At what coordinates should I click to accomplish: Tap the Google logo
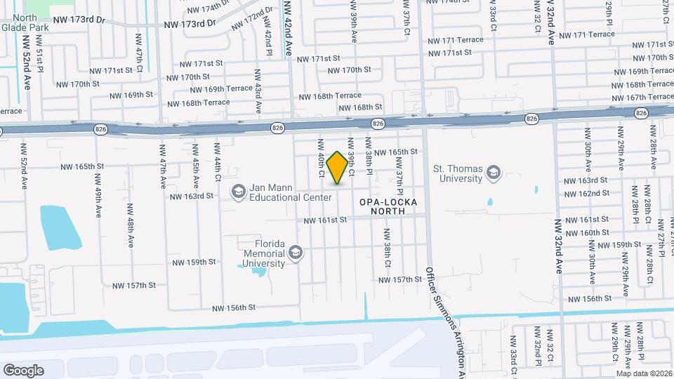point(23,370)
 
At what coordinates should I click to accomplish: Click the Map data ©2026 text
point(644,373)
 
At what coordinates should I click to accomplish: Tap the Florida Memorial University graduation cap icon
point(296,253)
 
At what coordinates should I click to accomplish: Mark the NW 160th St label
point(586,232)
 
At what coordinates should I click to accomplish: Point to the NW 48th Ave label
point(131,230)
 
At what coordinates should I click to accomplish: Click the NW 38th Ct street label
point(387,248)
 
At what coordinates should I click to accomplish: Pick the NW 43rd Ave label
point(258,91)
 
